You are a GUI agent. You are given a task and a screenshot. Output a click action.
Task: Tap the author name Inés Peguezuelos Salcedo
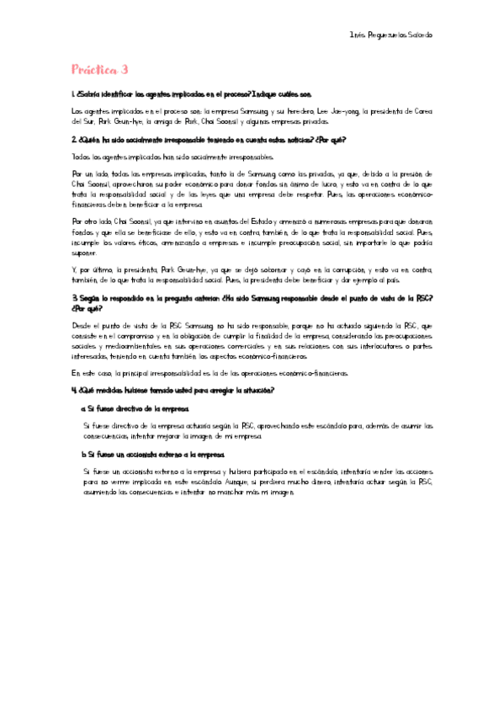tap(390, 35)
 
